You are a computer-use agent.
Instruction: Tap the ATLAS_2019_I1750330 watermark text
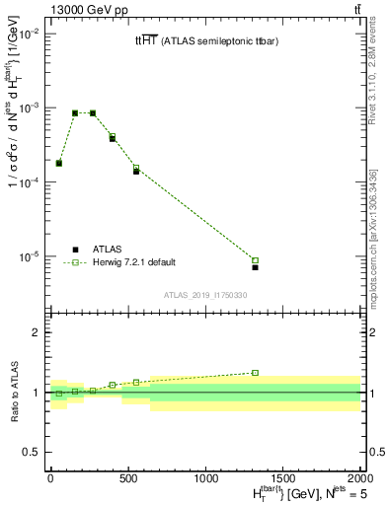(x=205, y=295)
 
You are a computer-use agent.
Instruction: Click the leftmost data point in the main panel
(x=59, y=163)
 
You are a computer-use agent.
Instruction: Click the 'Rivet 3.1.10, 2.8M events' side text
(x=372, y=78)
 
